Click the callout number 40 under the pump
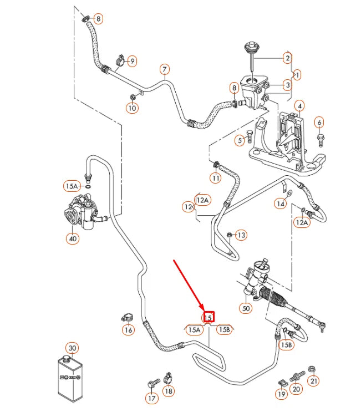(73, 239)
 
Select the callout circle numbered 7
(165, 70)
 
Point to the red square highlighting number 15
(209, 317)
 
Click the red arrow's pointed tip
(204, 311)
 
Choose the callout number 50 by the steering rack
(247, 308)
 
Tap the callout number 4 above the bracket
(299, 106)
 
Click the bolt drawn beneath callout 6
(321, 136)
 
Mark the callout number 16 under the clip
(128, 330)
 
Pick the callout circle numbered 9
(132, 60)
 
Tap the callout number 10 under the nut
(132, 108)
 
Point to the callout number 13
(241, 236)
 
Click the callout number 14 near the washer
(282, 205)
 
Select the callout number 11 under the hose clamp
(215, 178)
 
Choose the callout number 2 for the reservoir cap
(287, 58)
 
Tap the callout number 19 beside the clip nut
(282, 394)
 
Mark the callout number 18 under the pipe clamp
(169, 391)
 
